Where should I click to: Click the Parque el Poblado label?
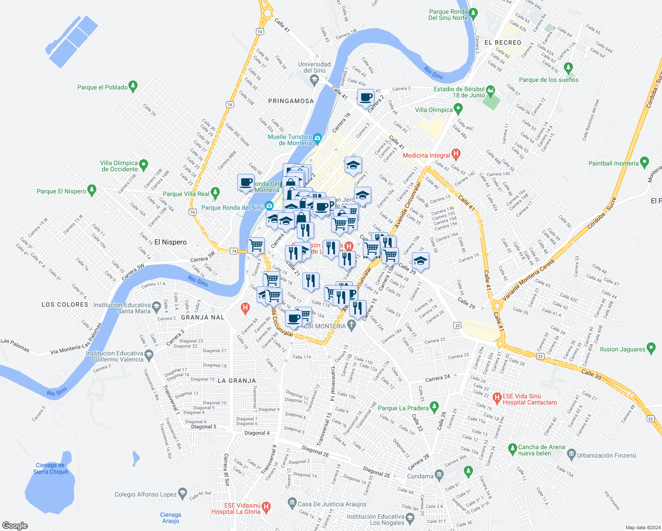[102, 88]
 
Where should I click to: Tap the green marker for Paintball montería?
[644, 162]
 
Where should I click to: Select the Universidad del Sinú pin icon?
[315, 80]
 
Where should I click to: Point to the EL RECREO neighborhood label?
[503, 43]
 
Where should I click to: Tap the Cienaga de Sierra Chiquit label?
[50, 469]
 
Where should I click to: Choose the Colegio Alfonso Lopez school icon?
[182, 493]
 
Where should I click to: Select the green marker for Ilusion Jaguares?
[651, 348]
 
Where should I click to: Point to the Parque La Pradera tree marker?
[434, 406]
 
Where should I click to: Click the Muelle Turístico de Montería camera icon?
[317, 139]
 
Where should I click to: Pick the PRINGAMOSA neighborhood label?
[291, 101]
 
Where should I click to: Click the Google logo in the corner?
[15, 525]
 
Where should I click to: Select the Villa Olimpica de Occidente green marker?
[143, 165]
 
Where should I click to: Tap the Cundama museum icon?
[439, 475]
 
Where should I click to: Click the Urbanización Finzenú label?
[606, 455]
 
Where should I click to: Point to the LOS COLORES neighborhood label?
[65, 305]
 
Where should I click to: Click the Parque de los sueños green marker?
[569, 68]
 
